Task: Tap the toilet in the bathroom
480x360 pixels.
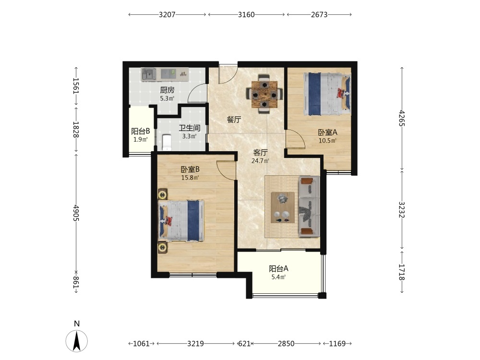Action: point(167,143)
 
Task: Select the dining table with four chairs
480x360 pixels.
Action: point(264,94)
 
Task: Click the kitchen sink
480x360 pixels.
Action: point(149,74)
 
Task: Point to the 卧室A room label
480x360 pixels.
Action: point(327,132)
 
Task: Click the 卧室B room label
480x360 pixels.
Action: point(190,169)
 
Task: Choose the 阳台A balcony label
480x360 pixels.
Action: point(278,269)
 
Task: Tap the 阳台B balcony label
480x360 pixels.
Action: point(141,132)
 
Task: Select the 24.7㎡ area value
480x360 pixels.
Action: point(260,161)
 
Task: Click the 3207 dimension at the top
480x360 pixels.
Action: point(167,14)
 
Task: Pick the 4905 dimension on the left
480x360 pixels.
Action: point(76,213)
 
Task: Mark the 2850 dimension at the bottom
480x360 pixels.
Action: point(286,344)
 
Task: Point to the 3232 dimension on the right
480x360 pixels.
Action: point(402,209)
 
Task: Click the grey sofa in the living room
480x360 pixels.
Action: point(309,206)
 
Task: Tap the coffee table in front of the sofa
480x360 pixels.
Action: point(283,207)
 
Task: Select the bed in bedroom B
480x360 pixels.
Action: point(181,221)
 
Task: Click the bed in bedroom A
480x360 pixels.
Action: point(327,94)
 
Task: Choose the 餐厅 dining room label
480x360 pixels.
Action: point(234,120)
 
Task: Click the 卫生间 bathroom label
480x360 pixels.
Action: point(190,128)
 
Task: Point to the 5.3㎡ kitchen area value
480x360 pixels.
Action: point(167,98)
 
